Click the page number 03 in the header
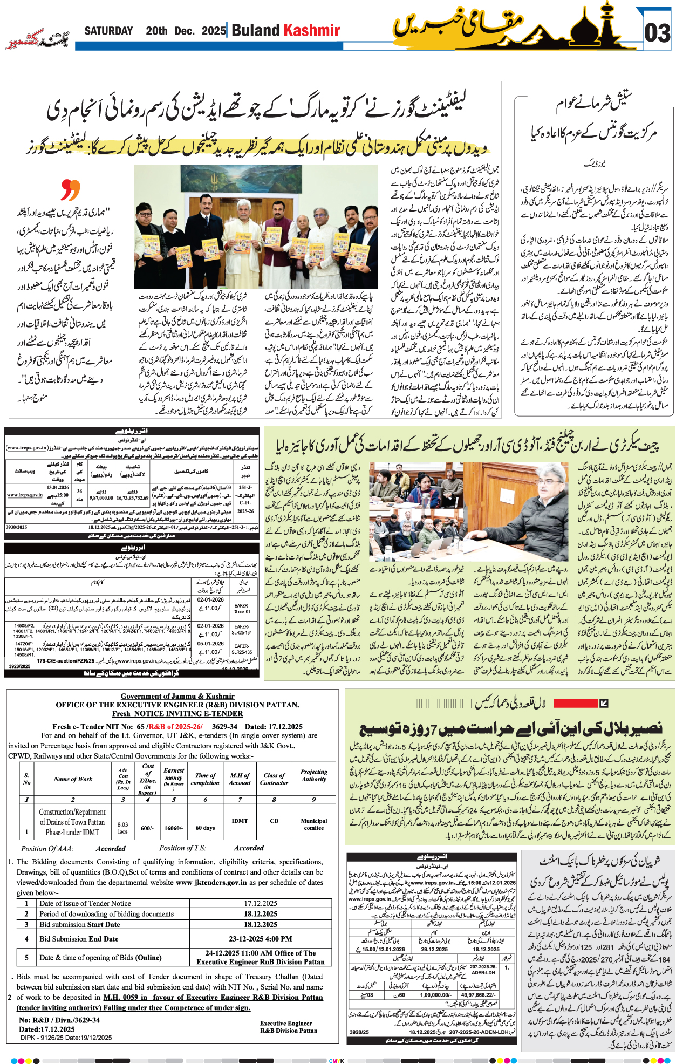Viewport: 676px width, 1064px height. (657, 33)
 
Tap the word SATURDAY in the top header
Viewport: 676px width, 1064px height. (108, 31)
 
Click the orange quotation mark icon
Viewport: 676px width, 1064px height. (70, 190)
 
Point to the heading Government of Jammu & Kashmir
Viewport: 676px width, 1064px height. (177, 696)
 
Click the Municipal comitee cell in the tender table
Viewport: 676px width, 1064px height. (313, 824)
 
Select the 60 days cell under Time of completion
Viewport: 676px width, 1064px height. (205, 828)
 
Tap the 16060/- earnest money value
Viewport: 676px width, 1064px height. (173, 828)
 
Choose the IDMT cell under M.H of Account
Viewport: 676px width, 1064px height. (240, 821)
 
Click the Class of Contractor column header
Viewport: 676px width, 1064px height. (274, 779)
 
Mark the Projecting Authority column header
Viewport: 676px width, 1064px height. (313, 775)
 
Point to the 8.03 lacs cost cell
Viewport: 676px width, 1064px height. (123, 828)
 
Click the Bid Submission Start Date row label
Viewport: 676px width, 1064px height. (80, 924)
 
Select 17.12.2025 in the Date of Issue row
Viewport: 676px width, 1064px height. (260, 903)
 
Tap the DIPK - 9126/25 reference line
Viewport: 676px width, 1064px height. (66, 1038)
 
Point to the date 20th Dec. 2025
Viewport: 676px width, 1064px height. (185, 31)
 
